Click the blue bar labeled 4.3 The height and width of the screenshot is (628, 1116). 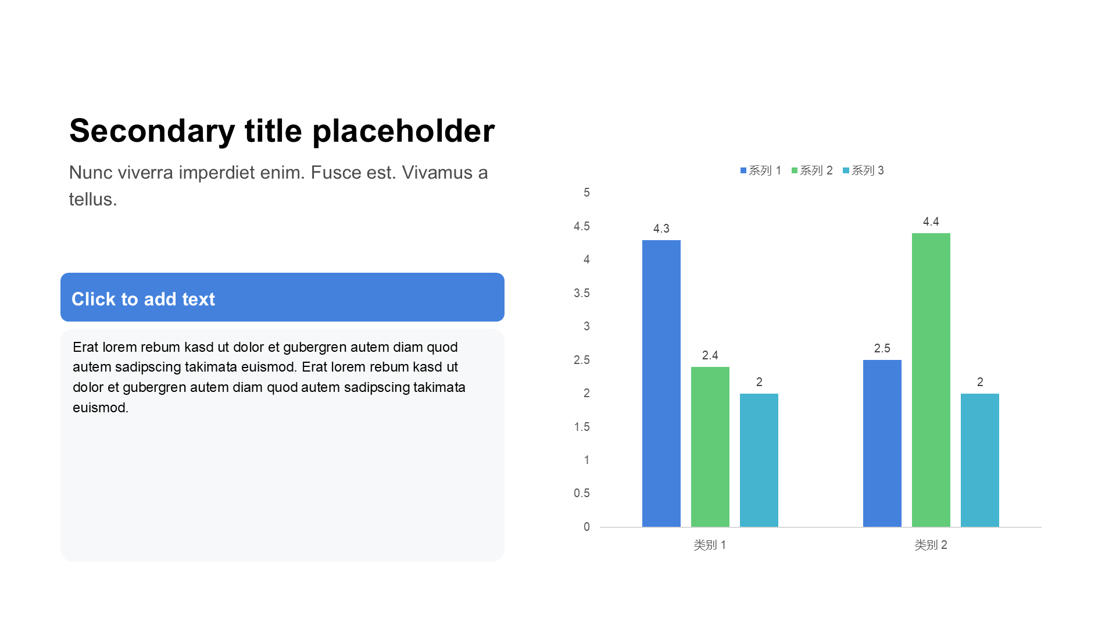tap(661, 384)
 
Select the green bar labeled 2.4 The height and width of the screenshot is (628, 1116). tap(710, 447)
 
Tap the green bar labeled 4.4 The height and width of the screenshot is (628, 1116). tap(931, 380)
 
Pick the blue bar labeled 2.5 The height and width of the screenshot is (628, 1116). tap(882, 444)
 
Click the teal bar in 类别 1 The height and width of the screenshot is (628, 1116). tap(759, 461)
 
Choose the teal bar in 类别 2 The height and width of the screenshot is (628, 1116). tap(980, 461)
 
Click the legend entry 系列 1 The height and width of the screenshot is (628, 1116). tap(761, 170)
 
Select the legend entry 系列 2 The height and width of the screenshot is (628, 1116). tap(812, 170)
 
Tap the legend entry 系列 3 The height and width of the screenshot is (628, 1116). tap(863, 170)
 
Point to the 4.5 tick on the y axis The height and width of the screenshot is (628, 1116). tap(582, 226)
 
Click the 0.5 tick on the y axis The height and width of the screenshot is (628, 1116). tap(582, 493)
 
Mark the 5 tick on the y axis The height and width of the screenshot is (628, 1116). tap(586, 192)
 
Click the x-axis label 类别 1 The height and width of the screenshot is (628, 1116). tap(710, 545)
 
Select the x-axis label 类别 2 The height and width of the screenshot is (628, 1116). tap(931, 545)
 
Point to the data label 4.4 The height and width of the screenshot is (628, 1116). tap(931, 222)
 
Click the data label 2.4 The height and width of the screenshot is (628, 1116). tap(710, 355)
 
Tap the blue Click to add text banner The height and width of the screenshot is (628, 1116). tap(282, 297)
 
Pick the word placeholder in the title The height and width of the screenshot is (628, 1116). tap(403, 131)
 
